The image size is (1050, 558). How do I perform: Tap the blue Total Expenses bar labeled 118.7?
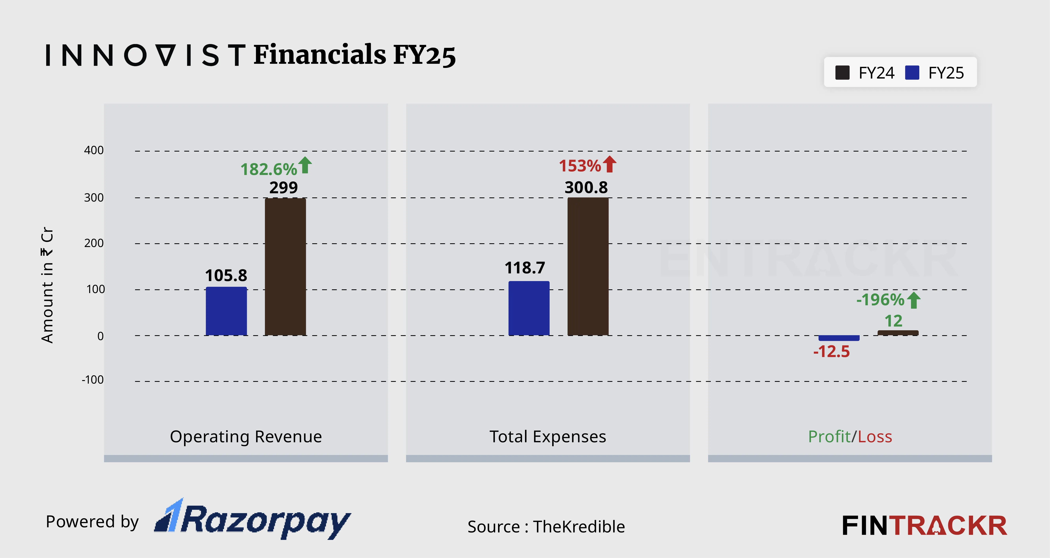529,309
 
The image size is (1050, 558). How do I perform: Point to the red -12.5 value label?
831,351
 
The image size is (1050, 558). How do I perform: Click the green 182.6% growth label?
269,169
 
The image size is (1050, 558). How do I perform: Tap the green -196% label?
880,300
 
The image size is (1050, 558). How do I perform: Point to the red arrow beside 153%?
610,164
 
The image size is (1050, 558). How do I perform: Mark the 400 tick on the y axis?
94,150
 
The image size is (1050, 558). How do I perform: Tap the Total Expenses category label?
547,437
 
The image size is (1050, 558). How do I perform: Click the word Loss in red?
875,437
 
